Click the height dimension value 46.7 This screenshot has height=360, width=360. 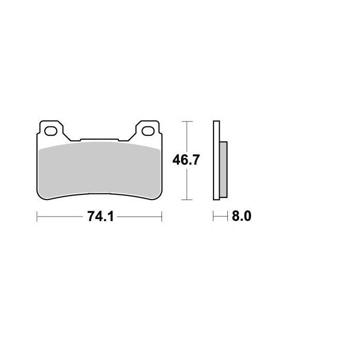pyautogui.click(x=186, y=160)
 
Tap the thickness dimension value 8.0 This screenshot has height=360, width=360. pyautogui.click(x=241, y=217)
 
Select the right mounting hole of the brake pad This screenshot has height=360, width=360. pyautogui.click(x=149, y=131)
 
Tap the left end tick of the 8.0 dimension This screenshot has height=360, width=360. pyautogui.click(x=213, y=217)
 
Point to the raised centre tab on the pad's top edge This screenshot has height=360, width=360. pyautogui.click(x=99, y=139)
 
